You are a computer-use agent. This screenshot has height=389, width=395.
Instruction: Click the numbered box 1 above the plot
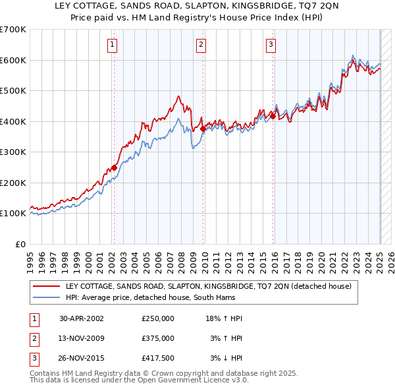coord(113,45)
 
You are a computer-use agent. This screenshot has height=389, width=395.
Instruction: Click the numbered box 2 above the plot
coord(201,45)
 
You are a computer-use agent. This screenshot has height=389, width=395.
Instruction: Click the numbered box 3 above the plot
coord(271,45)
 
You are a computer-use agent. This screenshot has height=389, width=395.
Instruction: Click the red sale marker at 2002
coord(115,167)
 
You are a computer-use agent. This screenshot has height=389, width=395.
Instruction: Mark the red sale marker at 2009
coord(203,129)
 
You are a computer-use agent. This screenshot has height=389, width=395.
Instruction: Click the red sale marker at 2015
coord(273,116)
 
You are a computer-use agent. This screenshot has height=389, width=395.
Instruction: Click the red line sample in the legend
coord(47,286)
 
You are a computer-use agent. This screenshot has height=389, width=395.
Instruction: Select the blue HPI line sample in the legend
coord(47,297)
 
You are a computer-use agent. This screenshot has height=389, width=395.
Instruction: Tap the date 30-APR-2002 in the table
coord(82,318)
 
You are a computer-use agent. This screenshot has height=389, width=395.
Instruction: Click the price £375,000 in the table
coord(158,338)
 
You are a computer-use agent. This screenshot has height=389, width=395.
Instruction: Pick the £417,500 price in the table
coord(158,358)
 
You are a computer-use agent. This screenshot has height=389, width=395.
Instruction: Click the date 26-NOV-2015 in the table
coord(82,358)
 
